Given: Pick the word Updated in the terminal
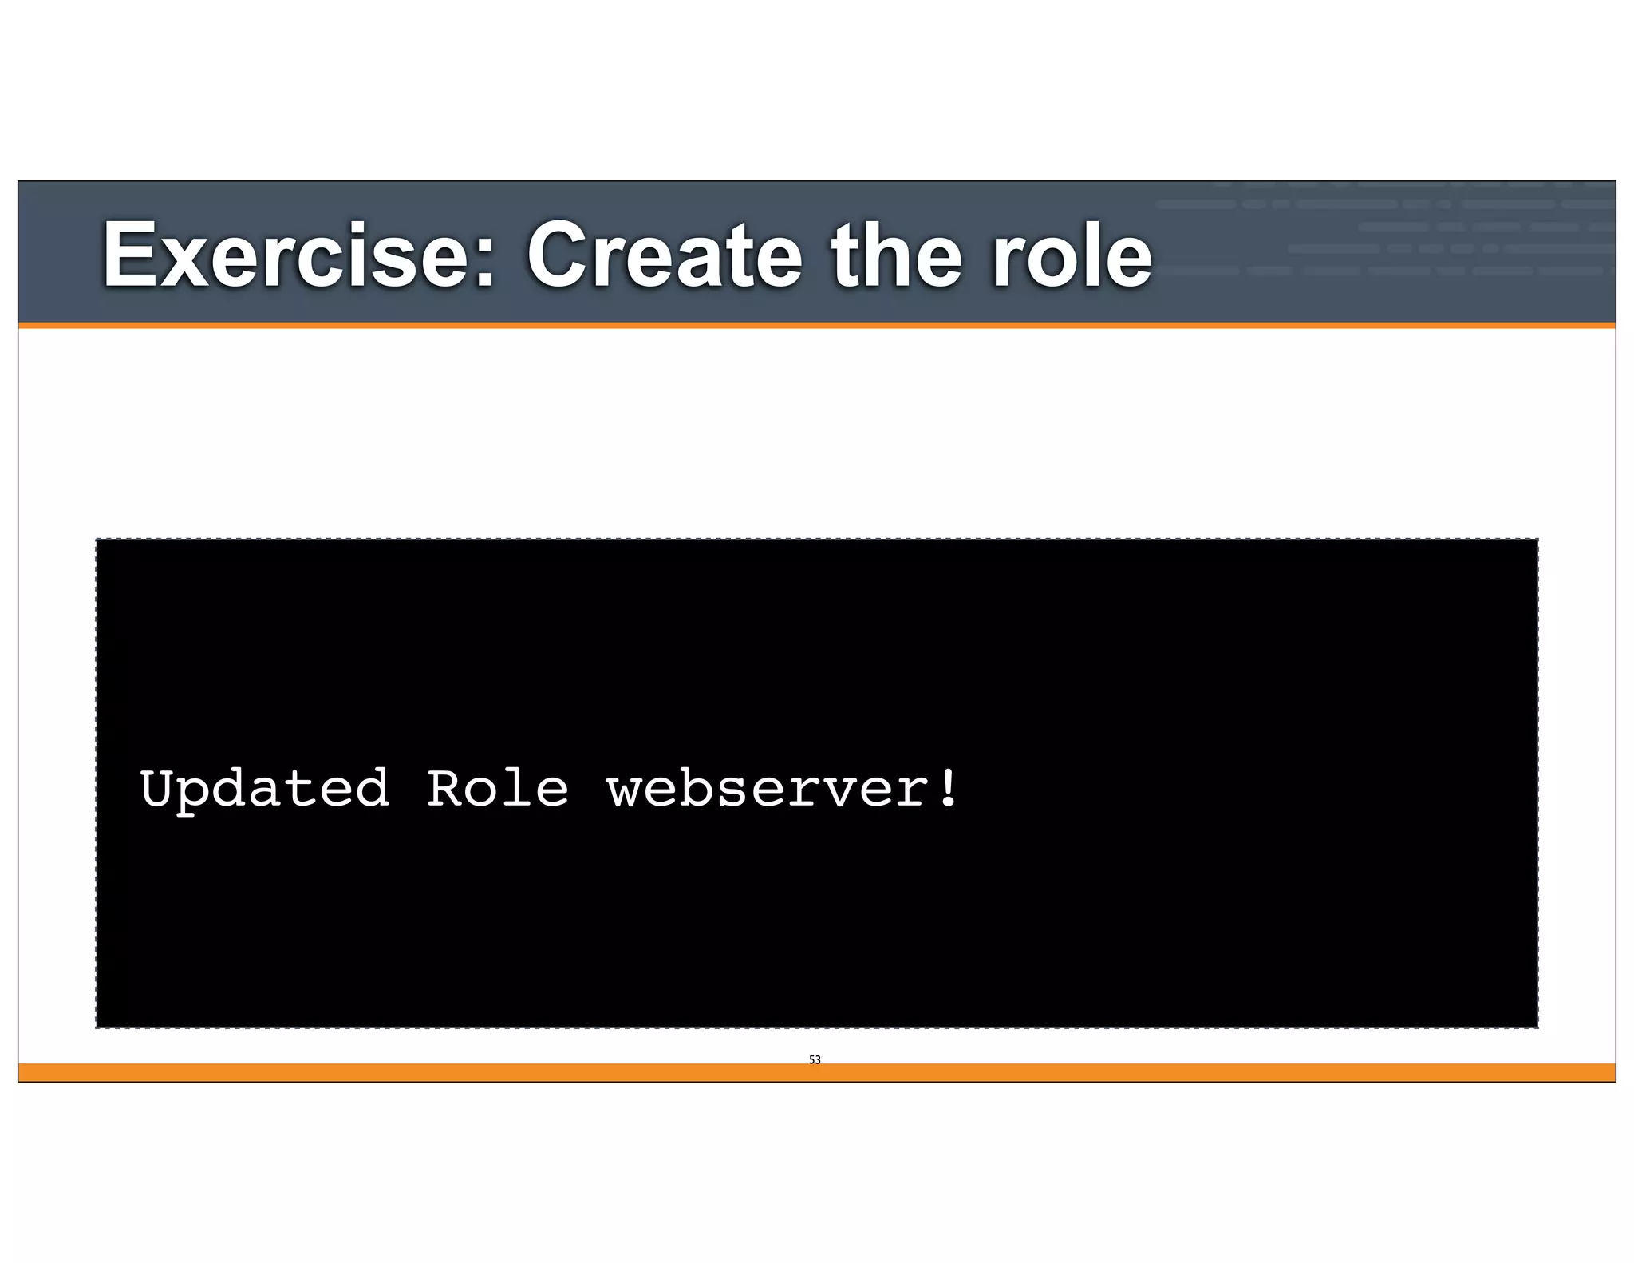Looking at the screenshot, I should click(264, 789).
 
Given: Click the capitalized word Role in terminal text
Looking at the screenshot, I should click(497, 789).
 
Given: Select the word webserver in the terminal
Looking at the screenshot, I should click(765, 789).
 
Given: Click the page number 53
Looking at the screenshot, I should click(815, 1059).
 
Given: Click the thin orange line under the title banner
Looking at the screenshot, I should click(816, 326).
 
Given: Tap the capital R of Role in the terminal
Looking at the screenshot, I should click(444, 789).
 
